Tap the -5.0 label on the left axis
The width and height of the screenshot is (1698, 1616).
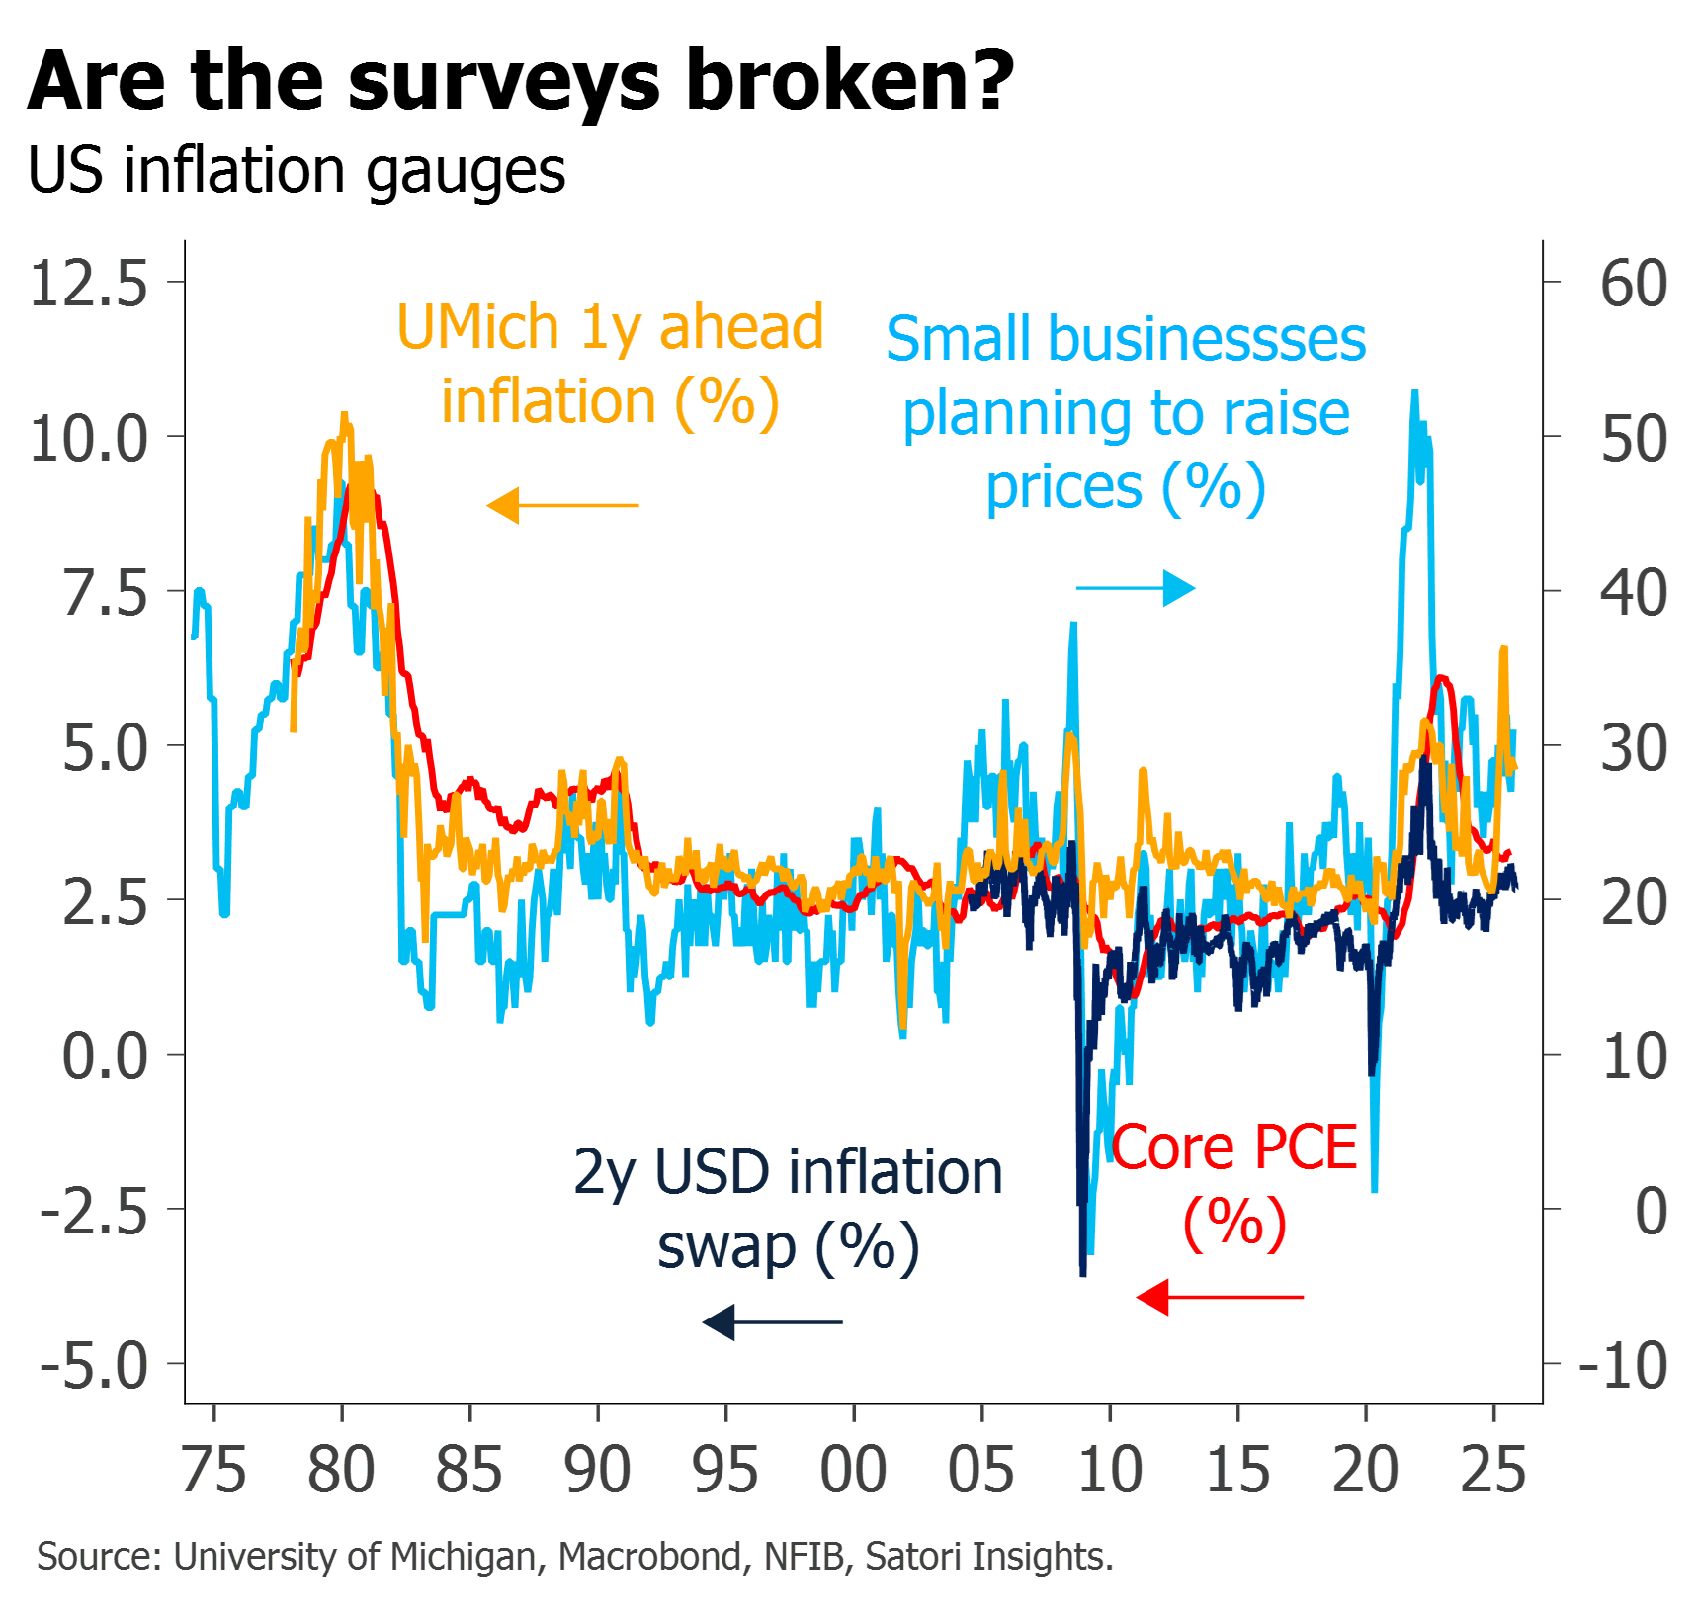pyautogui.click(x=95, y=1365)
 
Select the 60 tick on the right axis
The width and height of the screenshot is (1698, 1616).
pyautogui.click(x=1633, y=284)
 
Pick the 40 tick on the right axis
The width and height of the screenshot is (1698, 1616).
pyautogui.click(x=1633, y=593)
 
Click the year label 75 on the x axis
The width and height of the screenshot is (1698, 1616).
pyautogui.click(x=214, y=1470)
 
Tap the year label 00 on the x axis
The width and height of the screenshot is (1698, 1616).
pyautogui.click(x=854, y=1470)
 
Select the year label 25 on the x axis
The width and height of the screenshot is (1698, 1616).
pyautogui.click(x=1493, y=1470)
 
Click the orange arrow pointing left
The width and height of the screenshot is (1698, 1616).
pyautogui.click(x=562, y=505)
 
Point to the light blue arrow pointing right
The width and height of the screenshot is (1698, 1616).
pyautogui.click(x=1136, y=589)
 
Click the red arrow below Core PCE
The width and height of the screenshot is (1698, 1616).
pyautogui.click(x=1221, y=1297)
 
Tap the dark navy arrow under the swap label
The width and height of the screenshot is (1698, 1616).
pyautogui.click(x=772, y=1321)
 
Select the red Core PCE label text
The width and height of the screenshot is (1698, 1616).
pyautogui.click(x=1235, y=1148)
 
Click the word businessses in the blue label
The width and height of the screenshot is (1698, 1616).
pyautogui.click(x=1207, y=340)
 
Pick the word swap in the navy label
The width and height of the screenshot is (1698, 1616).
pyautogui.click(x=726, y=1247)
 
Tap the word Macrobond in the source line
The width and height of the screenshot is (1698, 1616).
pyautogui.click(x=650, y=1557)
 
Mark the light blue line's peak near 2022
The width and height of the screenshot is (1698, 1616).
pyautogui.click(x=1415, y=393)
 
